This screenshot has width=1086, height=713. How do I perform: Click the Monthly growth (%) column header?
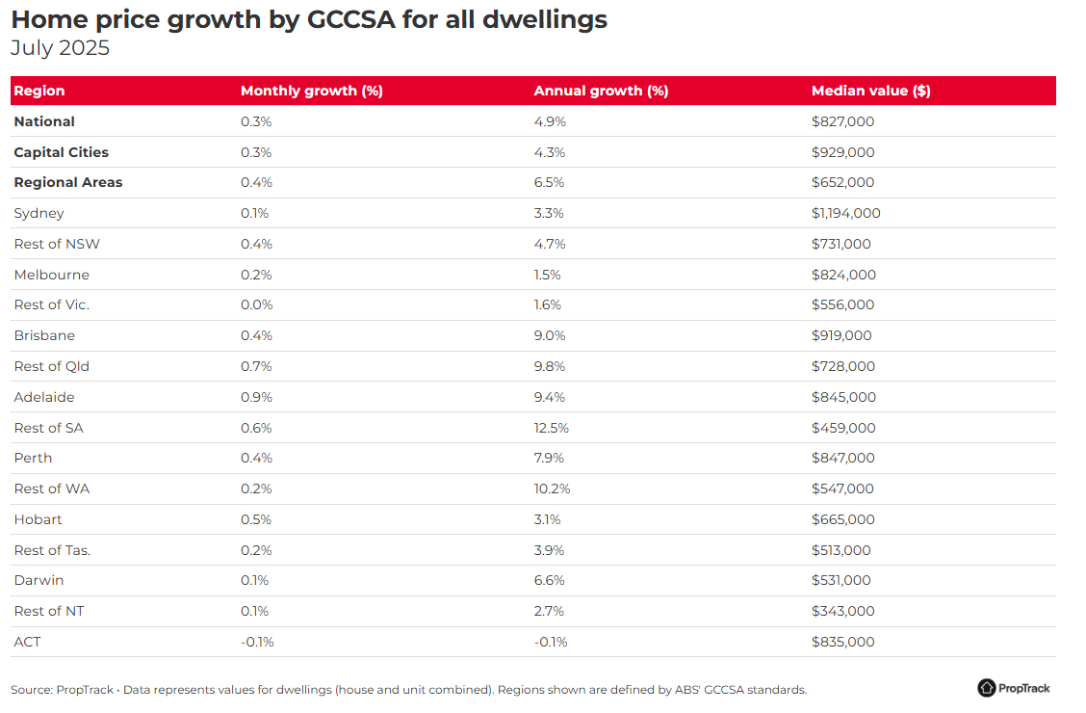312,91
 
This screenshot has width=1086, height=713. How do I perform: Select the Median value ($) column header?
870,91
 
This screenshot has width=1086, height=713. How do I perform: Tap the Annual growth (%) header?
601,91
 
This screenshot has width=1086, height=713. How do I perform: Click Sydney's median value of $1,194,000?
845,213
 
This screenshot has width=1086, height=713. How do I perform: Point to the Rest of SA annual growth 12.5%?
551,428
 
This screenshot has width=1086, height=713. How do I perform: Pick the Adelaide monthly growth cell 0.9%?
256,397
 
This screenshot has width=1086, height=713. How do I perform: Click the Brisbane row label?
44,335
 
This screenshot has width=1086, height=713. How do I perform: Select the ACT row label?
27,642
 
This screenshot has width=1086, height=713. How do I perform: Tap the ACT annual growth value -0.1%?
551,642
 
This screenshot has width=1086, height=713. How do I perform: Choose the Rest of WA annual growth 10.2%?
552,489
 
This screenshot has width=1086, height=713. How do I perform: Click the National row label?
44,122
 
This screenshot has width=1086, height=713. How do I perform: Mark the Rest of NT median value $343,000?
842,611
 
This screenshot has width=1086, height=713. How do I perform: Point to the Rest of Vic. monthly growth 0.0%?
256,304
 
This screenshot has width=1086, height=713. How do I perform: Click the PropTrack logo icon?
986,687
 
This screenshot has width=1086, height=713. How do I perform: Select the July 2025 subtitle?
61,48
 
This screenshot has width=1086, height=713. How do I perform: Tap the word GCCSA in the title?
351,19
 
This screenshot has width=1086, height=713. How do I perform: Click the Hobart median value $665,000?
842,519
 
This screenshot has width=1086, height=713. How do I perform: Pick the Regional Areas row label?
67,182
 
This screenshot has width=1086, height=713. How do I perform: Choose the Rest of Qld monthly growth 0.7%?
256,366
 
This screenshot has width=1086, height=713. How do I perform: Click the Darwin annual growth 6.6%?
549,581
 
